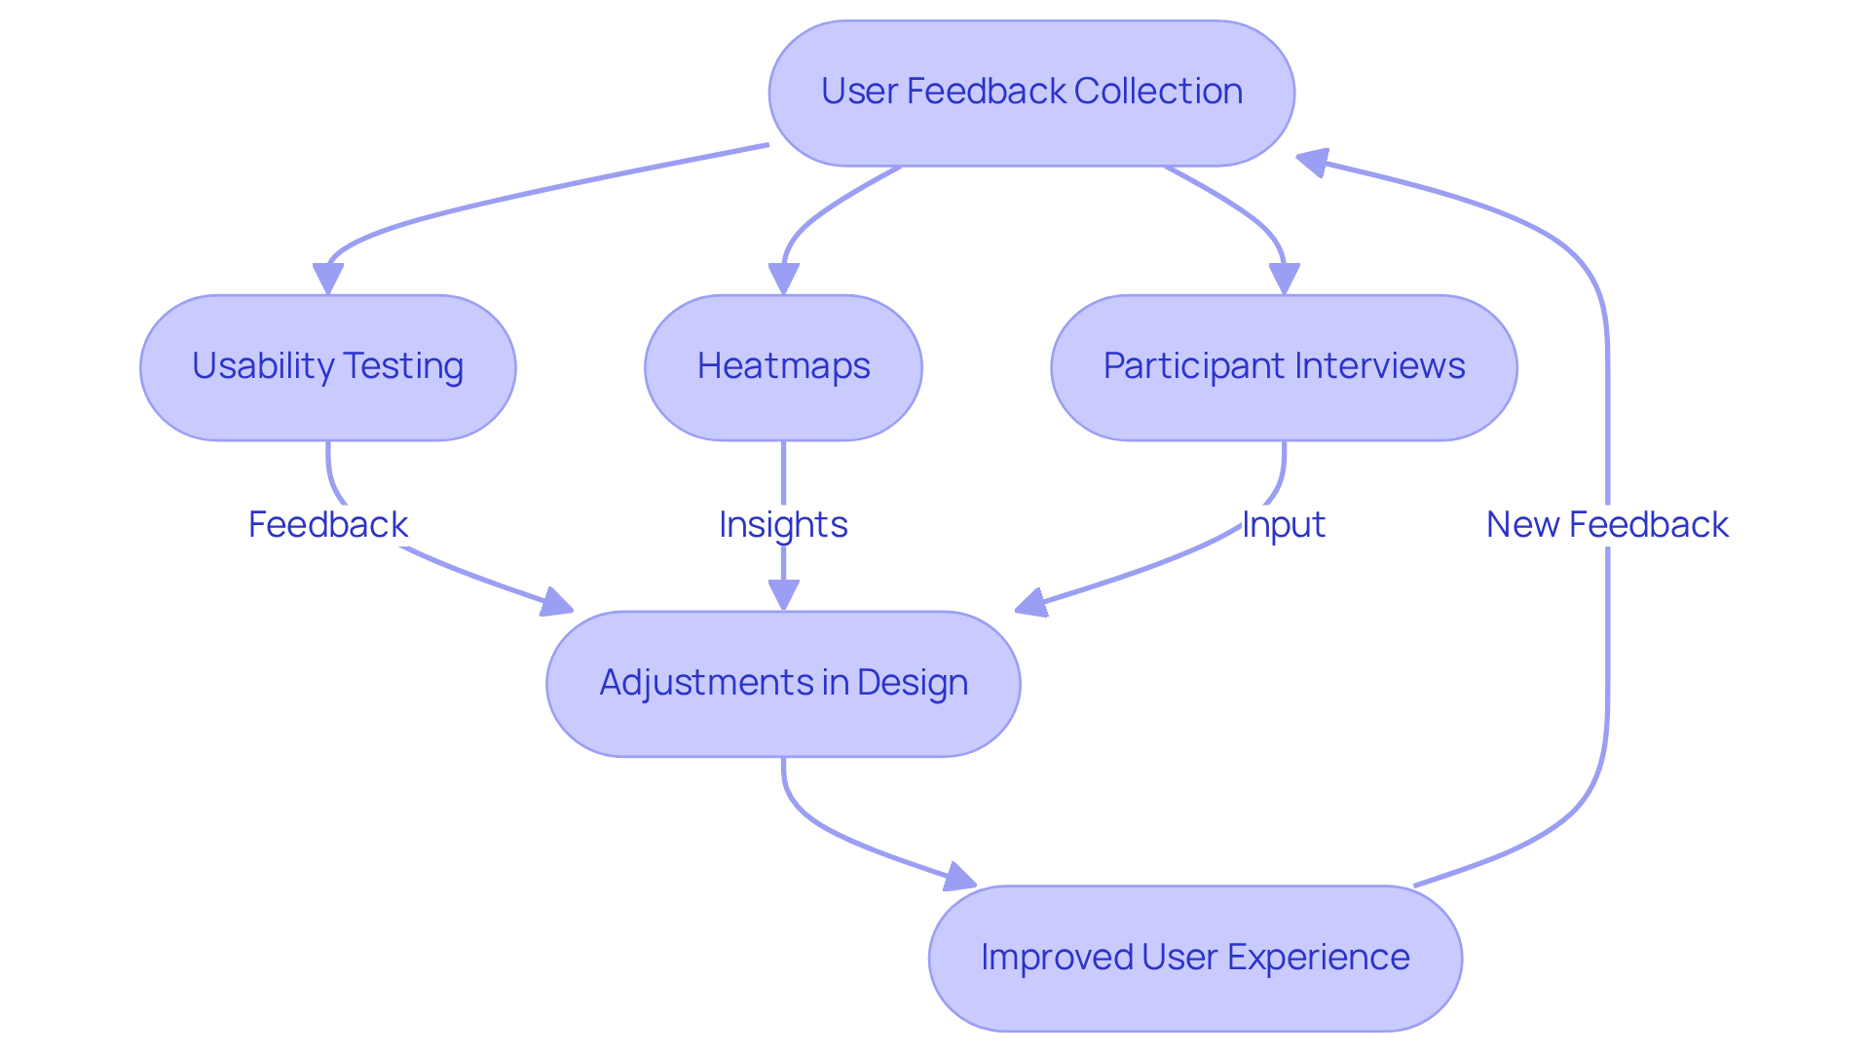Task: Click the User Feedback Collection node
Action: pos(1030,93)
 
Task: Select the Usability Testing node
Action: pos(327,367)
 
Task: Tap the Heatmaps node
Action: pos(783,367)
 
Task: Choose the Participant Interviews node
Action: pos(1284,367)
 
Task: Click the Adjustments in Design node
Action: pos(783,683)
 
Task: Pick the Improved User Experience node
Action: pos(1195,958)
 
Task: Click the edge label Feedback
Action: pos(327,525)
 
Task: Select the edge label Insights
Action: pos(783,525)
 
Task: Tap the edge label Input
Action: pos(1284,525)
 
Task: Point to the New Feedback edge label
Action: pos(1607,525)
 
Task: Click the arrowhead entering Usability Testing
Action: pos(327,279)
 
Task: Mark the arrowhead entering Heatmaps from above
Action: pos(783,279)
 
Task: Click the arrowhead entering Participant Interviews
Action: pos(1284,279)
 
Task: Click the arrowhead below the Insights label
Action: pos(783,594)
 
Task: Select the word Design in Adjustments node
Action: pos(913,683)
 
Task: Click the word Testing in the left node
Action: pos(403,367)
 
